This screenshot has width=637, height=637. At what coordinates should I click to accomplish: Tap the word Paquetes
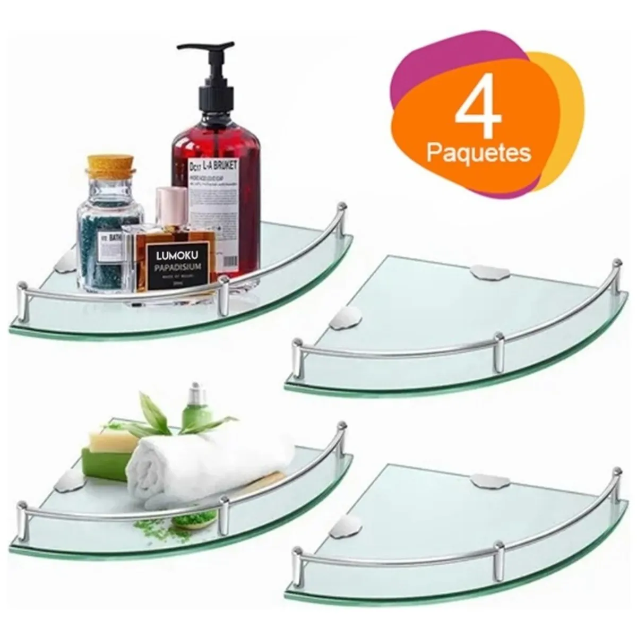479,154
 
